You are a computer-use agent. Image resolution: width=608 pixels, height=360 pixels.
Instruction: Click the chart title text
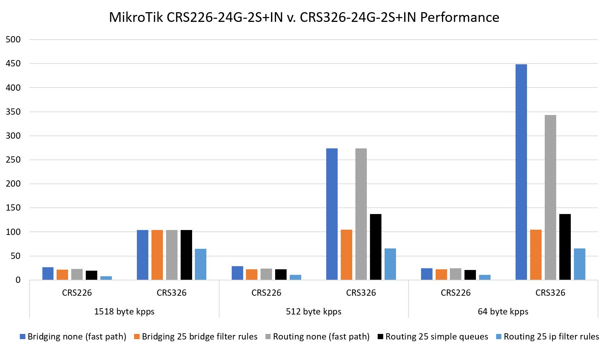[304, 17]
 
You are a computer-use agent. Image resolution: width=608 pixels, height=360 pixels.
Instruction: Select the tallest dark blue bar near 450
[521, 172]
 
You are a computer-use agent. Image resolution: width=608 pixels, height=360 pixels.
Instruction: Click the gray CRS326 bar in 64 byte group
[550, 197]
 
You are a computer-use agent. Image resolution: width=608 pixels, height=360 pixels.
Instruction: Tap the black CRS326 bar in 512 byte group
[376, 247]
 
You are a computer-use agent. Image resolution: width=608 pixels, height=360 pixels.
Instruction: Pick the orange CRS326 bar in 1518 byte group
[157, 255]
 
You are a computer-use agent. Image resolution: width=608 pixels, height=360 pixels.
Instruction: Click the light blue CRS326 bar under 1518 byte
[200, 264]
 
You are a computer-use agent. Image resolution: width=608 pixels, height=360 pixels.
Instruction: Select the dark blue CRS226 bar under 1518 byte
[48, 273]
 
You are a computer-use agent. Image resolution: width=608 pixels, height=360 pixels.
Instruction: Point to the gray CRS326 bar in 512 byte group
[361, 214]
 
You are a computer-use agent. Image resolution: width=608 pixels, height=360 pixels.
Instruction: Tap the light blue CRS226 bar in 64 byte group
[485, 277]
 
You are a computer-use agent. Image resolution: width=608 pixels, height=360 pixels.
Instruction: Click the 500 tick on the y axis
[13, 40]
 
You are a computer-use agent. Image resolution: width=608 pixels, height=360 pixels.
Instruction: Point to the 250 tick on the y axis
[13, 160]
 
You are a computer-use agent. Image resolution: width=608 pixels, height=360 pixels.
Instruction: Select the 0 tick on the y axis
[18, 280]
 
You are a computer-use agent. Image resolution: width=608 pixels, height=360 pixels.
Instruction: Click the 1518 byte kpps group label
[124, 311]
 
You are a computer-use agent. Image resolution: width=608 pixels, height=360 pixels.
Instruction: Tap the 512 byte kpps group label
[313, 311]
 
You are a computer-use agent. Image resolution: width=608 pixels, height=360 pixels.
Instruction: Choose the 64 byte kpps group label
[503, 311]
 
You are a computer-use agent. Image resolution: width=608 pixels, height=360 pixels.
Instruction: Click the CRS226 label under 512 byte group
[266, 293]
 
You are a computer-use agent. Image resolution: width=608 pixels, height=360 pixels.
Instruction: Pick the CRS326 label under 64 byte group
[550, 293]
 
